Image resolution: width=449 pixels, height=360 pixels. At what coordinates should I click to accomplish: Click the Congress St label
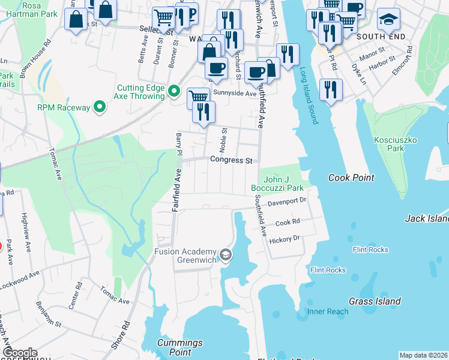[231, 160]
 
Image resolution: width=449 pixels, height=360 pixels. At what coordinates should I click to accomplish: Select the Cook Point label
[351, 178]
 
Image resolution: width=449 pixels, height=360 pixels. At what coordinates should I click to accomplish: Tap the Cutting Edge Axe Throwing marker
[174, 91]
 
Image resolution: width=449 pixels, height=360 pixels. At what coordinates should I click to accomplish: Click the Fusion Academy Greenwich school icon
[225, 255]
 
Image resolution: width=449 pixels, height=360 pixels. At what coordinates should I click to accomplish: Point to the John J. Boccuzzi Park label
[277, 183]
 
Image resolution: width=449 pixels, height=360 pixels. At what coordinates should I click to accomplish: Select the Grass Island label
[376, 301]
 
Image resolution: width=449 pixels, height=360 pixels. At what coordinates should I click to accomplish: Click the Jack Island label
[427, 219]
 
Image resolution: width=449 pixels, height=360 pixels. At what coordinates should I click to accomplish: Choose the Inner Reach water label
[328, 311]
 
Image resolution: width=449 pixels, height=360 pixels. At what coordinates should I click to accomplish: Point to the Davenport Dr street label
[287, 202]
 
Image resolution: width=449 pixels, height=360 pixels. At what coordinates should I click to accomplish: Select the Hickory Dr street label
[285, 238]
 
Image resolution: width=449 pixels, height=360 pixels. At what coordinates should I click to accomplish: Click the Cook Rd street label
[287, 222]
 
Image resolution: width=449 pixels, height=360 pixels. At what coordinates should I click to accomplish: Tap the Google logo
[20, 353]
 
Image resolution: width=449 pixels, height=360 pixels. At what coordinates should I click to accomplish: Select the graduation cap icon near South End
[388, 20]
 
